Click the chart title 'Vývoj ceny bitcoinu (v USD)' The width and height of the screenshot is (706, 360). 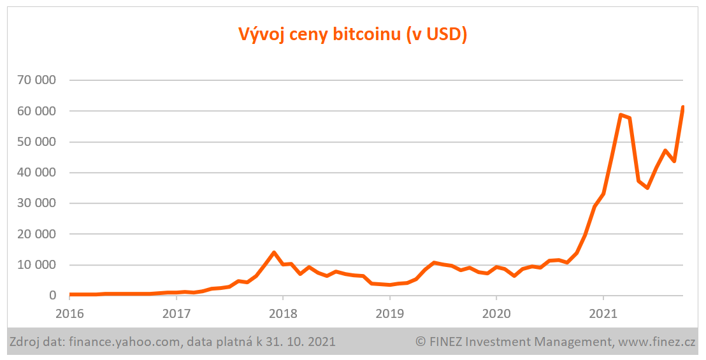(352, 34)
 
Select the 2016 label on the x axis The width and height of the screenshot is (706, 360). (70, 314)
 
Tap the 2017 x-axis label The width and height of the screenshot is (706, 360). (176, 314)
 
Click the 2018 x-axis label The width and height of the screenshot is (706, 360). (283, 314)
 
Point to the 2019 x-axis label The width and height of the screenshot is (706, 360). (389, 314)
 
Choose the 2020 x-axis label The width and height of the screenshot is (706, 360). (496, 314)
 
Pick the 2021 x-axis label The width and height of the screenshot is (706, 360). (603, 314)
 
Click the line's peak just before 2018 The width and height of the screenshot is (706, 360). (274, 252)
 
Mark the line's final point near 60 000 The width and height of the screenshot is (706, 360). (682, 107)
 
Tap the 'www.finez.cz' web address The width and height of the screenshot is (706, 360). (656, 343)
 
